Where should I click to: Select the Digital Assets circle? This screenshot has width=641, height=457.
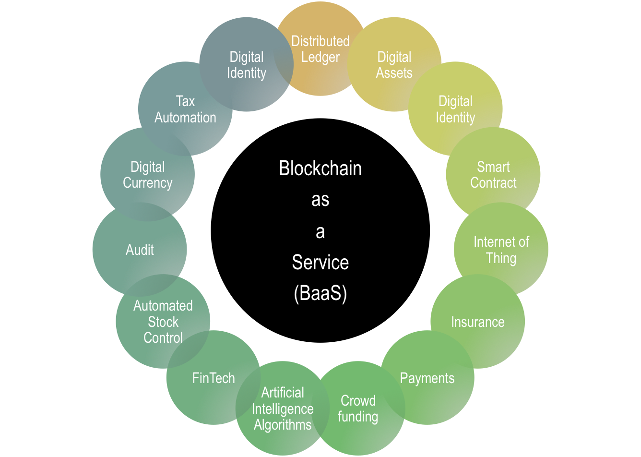[394, 65]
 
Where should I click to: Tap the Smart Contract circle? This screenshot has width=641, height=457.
[493, 175]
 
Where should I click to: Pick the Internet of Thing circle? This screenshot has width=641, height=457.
[501, 250]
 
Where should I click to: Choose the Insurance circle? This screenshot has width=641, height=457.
[477, 322]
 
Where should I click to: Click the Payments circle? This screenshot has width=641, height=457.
[427, 378]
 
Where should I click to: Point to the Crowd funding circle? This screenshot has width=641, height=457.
[358, 409]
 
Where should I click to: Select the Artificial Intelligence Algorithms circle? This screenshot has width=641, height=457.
[283, 409]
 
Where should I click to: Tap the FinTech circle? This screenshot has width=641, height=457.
[214, 378]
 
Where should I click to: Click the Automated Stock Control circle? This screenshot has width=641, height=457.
[163, 322]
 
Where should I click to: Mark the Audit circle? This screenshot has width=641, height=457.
[140, 250]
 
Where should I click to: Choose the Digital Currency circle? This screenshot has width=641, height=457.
[147, 175]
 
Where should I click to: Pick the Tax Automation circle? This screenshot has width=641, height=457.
[185, 109]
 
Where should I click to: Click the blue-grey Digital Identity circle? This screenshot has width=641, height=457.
[246, 65]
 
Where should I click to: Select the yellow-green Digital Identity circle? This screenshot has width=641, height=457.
[455, 109]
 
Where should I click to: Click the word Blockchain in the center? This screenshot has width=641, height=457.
[320, 168]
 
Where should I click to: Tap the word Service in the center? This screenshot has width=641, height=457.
[320, 263]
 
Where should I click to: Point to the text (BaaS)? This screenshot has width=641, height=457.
[320, 294]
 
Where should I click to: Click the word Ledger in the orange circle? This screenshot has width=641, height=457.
[320, 57]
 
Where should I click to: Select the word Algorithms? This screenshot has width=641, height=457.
[283, 425]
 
